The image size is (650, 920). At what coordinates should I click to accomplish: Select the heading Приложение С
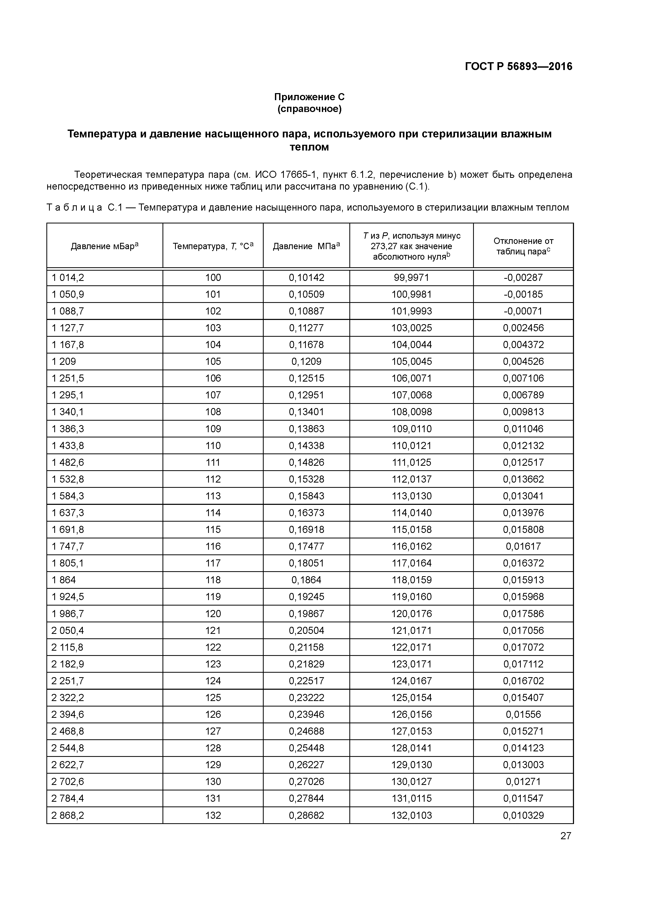click(309, 97)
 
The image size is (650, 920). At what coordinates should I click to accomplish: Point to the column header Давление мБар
click(105, 246)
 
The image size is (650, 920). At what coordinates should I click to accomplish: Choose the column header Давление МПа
click(306, 246)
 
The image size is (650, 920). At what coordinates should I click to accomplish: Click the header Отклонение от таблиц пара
click(523, 246)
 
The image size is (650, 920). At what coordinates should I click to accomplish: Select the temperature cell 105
click(213, 361)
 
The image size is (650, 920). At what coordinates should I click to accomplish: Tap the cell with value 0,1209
click(306, 361)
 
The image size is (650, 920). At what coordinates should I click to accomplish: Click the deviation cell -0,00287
click(523, 278)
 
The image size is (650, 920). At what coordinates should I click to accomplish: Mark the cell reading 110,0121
click(412, 446)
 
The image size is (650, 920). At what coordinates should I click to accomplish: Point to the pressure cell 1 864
click(64, 580)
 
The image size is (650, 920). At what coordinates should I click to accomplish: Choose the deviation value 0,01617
click(523, 546)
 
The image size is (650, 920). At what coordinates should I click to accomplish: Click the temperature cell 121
click(213, 630)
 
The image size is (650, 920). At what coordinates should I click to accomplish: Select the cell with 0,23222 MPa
click(306, 698)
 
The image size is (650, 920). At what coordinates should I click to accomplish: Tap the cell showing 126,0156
click(412, 714)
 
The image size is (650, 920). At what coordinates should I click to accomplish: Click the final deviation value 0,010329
click(523, 815)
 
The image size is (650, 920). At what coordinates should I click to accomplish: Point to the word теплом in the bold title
click(309, 147)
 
